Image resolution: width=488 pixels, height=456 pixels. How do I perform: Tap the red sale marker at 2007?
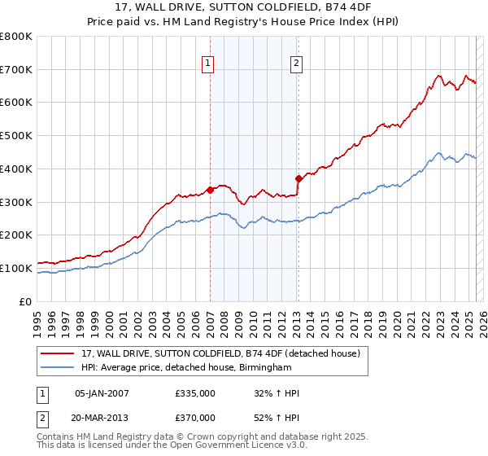click(x=210, y=190)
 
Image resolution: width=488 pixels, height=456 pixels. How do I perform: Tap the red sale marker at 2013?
click(x=298, y=178)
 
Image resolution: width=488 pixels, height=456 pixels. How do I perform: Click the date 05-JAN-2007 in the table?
click(x=102, y=393)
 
